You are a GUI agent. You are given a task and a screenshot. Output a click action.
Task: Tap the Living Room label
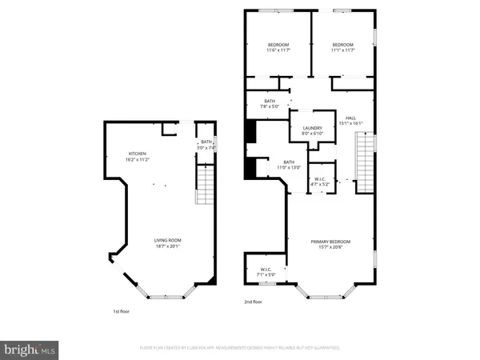(168, 241)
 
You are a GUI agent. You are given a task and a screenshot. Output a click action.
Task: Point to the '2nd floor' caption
(253, 302)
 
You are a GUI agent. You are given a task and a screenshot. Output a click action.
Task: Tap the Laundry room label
(312, 130)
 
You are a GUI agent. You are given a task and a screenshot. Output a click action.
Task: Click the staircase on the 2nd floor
(365, 163)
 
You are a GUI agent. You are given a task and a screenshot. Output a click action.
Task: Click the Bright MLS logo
(30, 349)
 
